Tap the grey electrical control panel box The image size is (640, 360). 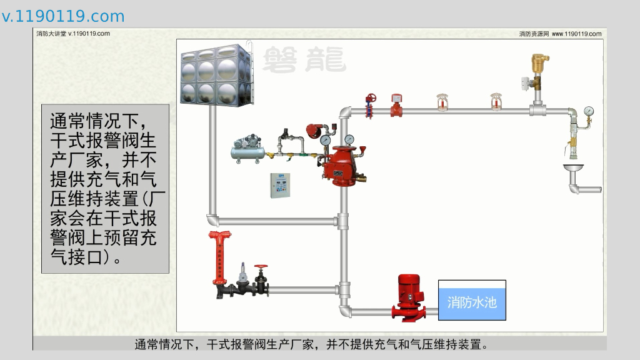click(281, 184)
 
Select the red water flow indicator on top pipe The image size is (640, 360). click(396, 106)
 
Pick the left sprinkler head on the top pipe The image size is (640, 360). click(442, 103)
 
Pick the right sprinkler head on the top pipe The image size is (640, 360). click(497, 103)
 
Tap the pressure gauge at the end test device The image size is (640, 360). click(588, 112)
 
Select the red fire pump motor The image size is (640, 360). click(409, 296)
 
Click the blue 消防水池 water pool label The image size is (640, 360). click(472, 302)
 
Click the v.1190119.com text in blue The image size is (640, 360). click(63, 16)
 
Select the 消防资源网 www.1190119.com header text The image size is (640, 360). click(560, 34)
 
